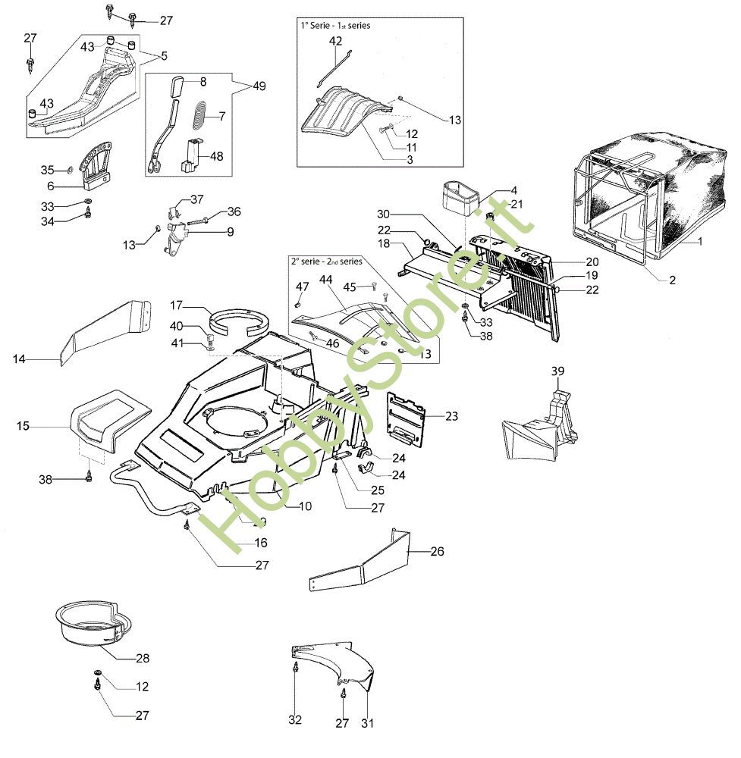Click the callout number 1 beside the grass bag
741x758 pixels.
pyautogui.click(x=700, y=242)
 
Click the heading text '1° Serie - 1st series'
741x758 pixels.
pyautogui.click(x=335, y=25)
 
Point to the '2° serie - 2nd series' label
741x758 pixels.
pyautogui.click(x=326, y=261)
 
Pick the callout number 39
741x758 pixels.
pyautogui.click(x=558, y=371)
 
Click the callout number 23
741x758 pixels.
pyautogui.click(x=451, y=415)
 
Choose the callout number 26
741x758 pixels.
pyautogui.click(x=437, y=551)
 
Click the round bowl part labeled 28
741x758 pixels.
pyautogui.click(x=89, y=622)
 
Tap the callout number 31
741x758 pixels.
pyautogui.click(x=367, y=723)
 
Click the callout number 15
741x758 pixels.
pyautogui.click(x=24, y=427)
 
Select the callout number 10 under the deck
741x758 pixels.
pyautogui.click(x=305, y=506)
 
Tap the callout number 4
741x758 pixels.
pyautogui.click(x=492, y=190)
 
